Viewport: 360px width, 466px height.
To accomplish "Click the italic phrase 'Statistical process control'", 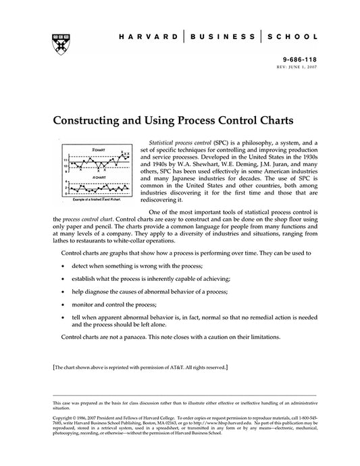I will point(178,144).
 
